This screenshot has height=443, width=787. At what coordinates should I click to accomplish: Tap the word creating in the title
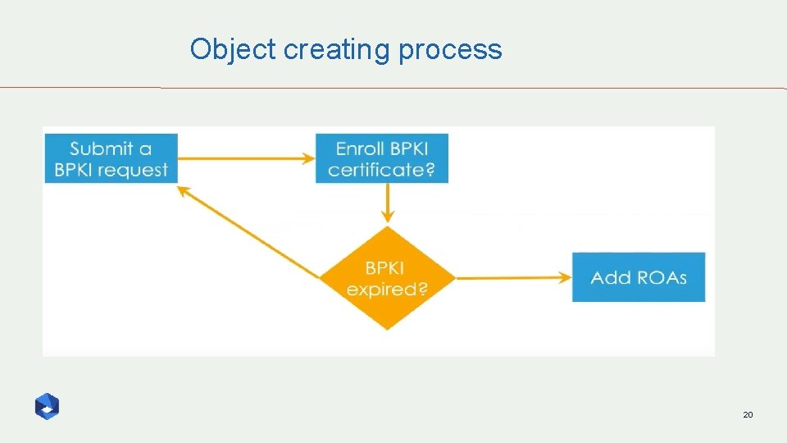337,50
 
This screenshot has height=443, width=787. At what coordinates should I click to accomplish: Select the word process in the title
450,50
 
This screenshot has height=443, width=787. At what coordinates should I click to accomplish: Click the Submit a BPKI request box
111,159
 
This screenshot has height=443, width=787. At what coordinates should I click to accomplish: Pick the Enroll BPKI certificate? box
382,159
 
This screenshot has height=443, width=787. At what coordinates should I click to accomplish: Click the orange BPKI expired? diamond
387,279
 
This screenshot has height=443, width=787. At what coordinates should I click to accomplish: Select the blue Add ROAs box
639,277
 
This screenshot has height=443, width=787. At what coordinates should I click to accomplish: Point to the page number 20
747,416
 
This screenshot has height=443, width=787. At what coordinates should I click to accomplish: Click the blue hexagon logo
47,406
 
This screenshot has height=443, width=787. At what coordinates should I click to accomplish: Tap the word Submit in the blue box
102,148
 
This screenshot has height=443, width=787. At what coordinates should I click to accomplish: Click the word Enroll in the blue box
358,148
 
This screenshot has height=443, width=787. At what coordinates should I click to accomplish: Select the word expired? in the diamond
387,290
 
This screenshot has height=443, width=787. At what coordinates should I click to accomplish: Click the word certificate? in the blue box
382,171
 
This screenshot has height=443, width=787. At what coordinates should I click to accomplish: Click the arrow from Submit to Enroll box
246,158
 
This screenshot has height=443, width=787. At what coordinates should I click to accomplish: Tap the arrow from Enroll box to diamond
388,203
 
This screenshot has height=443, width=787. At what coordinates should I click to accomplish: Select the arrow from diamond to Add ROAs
513,277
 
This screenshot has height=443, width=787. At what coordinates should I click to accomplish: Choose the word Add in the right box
610,277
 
